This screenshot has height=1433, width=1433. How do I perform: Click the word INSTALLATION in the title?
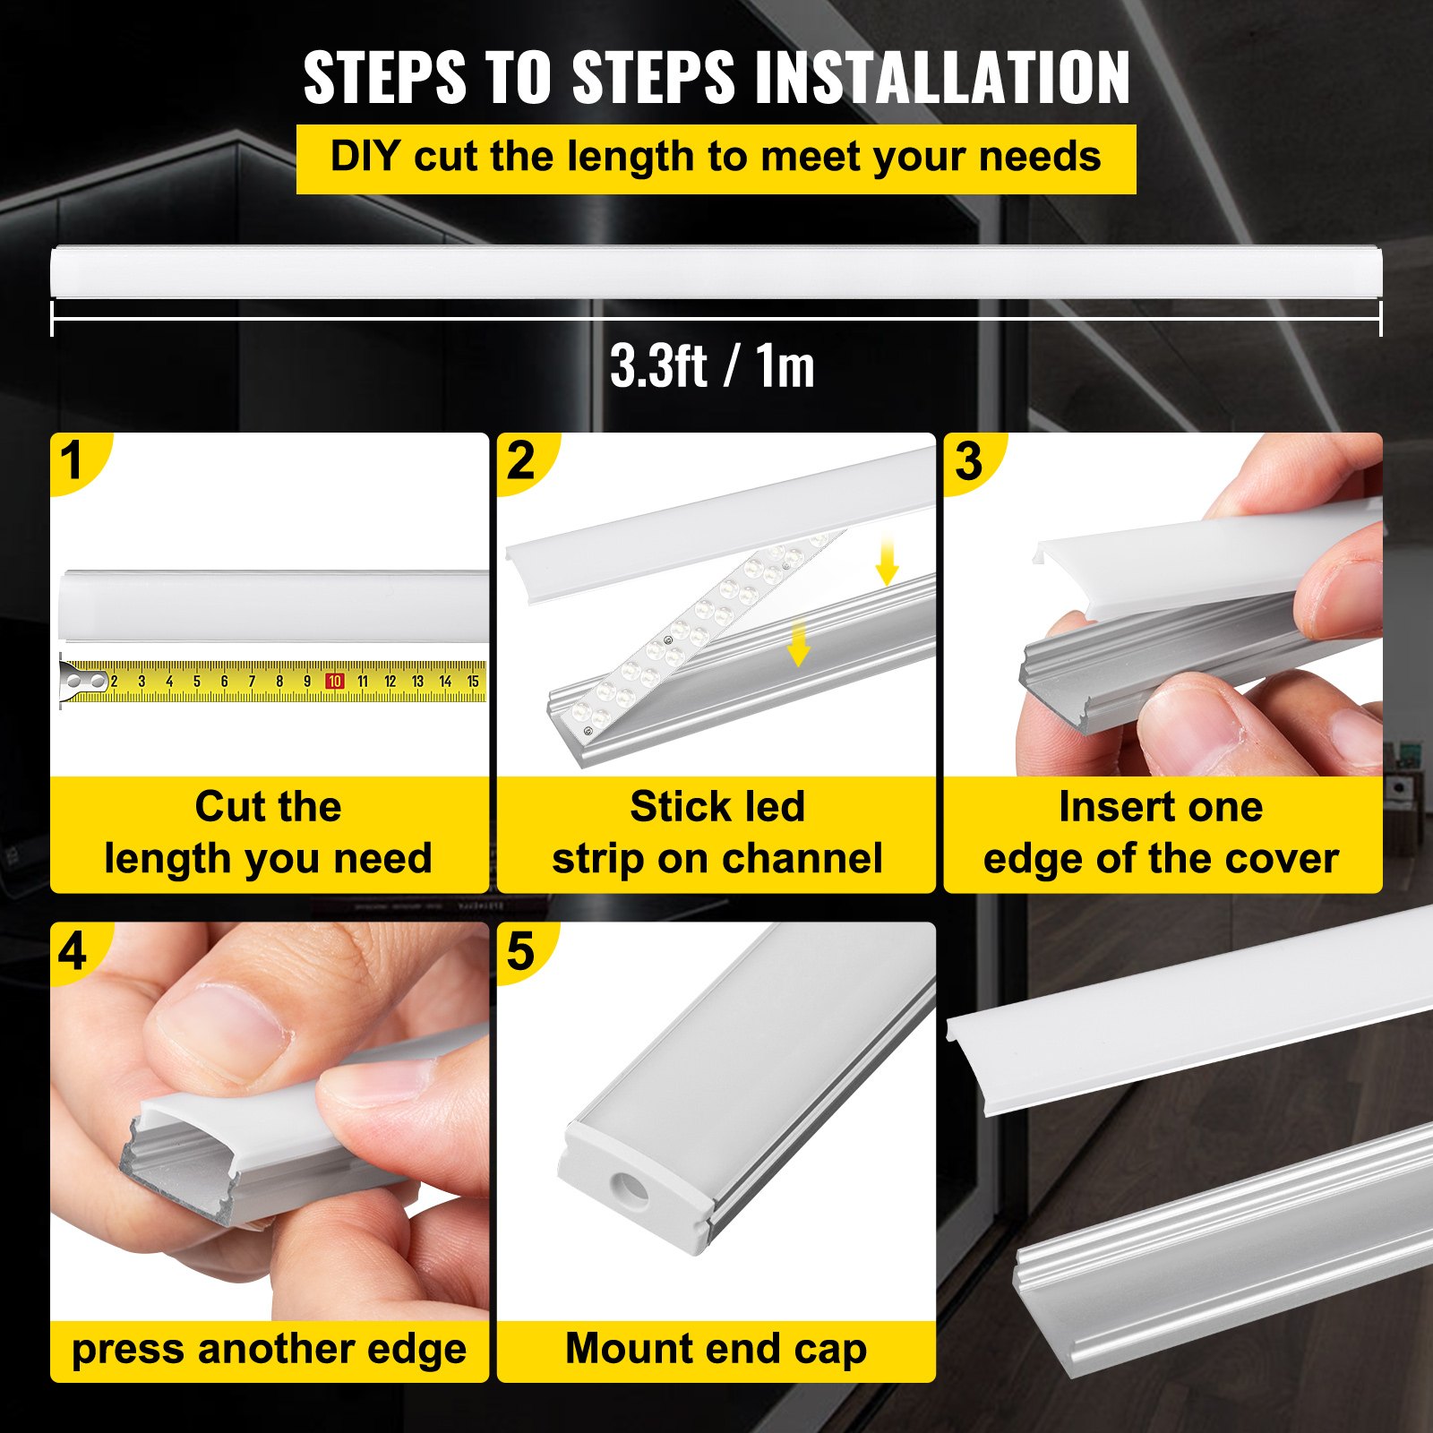click(942, 78)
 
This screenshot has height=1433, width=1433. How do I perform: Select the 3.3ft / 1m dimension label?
click(712, 366)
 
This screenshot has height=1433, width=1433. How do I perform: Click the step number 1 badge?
click(72, 461)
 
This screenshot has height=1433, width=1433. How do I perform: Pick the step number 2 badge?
click(520, 461)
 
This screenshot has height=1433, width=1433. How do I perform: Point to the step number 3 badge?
click(968, 461)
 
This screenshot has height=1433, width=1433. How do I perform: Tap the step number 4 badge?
click(73, 951)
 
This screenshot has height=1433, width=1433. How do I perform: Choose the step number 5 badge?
click(520, 951)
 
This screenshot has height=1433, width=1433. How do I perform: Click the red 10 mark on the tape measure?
click(334, 682)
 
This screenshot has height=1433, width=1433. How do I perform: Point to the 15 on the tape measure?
click(473, 682)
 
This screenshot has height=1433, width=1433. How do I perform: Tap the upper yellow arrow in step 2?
click(887, 562)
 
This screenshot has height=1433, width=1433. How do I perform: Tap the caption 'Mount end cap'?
click(716, 1348)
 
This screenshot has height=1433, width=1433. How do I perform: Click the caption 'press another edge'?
click(269, 1349)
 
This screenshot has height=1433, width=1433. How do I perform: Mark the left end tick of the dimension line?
click(53, 318)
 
